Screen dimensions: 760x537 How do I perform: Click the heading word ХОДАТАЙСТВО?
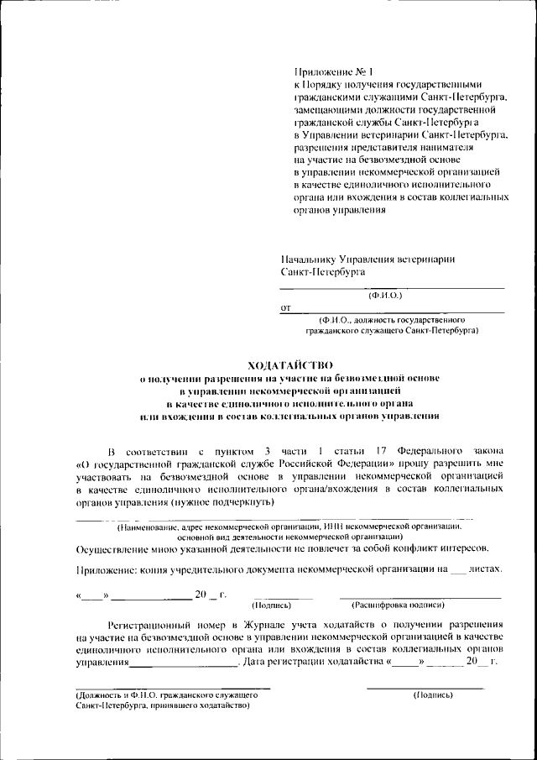(x=290, y=365)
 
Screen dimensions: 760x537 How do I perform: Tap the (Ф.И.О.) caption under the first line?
(x=385, y=296)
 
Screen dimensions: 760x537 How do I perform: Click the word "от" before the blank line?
(x=286, y=308)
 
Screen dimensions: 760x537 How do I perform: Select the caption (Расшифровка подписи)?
(x=399, y=605)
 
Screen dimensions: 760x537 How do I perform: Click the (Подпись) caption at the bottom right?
(x=434, y=695)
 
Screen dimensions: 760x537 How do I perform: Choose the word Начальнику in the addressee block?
(x=315, y=259)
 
